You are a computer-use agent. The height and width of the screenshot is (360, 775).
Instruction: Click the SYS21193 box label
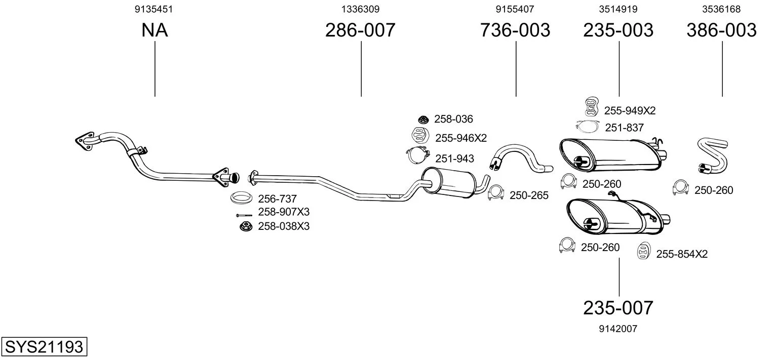(44, 347)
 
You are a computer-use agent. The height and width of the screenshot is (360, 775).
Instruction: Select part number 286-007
(360, 30)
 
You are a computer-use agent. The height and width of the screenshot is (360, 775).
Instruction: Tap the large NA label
(154, 30)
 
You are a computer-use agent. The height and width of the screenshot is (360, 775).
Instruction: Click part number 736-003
(515, 30)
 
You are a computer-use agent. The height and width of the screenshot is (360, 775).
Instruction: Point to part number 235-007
(618, 307)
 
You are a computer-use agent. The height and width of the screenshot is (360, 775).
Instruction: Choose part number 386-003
(721, 30)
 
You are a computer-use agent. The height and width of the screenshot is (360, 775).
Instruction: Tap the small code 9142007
(618, 329)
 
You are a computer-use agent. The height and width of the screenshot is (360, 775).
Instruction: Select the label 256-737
(277, 199)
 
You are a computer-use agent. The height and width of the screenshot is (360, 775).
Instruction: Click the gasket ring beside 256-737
(242, 198)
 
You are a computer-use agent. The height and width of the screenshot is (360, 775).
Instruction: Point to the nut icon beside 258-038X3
(245, 226)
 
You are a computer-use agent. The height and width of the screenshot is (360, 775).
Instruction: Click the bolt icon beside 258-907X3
(244, 215)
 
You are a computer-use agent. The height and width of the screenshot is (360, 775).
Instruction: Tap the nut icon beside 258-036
(423, 119)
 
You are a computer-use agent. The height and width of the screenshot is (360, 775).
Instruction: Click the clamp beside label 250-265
(496, 193)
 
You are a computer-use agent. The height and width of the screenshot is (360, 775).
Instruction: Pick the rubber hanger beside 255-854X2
(643, 252)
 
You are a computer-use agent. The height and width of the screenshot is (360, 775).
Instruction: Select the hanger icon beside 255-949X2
(590, 106)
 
